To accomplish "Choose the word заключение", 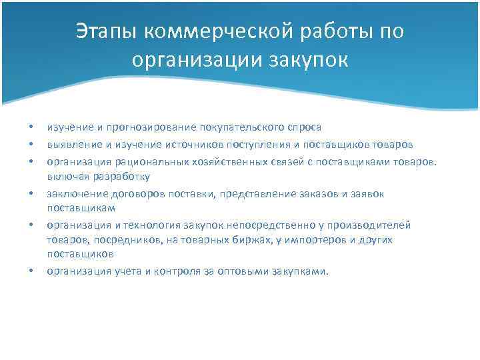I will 73,193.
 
